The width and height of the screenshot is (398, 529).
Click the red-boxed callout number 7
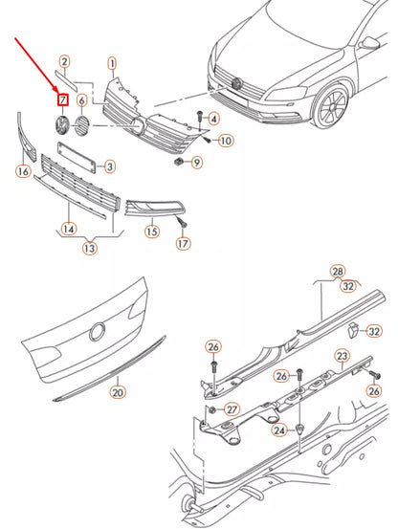click(x=63, y=99)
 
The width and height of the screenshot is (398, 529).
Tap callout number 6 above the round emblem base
click(x=81, y=100)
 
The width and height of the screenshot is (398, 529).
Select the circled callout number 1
click(x=112, y=63)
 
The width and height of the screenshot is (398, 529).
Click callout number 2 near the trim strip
click(x=64, y=62)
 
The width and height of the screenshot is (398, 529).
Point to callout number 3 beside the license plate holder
click(x=110, y=166)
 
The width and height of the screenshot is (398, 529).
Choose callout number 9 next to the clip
click(x=197, y=163)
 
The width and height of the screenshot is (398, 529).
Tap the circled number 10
click(x=226, y=141)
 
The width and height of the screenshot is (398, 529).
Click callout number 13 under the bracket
click(x=90, y=249)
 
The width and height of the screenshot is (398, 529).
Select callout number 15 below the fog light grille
click(x=152, y=231)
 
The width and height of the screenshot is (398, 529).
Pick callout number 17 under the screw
click(x=183, y=244)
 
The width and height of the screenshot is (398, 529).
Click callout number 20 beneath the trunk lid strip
click(x=118, y=392)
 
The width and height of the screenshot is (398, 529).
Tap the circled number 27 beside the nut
click(x=232, y=409)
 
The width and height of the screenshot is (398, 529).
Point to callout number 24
click(x=279, y=430)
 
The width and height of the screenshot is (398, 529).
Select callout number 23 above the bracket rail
click(x=342, y=356)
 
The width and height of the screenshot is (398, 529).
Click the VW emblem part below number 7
click(x=62, y=124)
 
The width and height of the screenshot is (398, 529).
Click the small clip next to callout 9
click(x=178, y=162)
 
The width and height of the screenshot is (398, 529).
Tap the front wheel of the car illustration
click(x=332, y=106)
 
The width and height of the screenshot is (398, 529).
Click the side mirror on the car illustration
click(x=368, y=43)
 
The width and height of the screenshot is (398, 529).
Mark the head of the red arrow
click(x=58, y=93)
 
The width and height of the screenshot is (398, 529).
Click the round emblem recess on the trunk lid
click(x=98, y=332)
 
